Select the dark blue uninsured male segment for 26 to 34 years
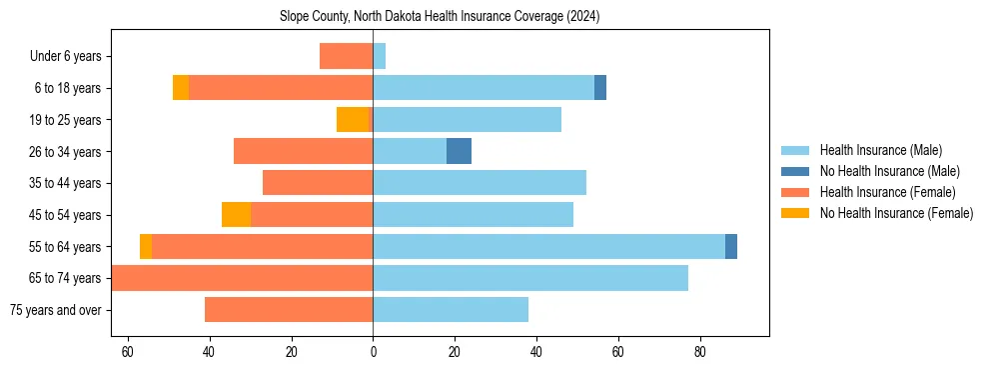(459, 151)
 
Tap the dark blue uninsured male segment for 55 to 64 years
(731, 246)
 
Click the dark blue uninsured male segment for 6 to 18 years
(600, 88)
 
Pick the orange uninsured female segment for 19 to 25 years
(353, 120)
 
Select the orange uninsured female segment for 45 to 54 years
(236, 215)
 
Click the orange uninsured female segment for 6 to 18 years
(181, 88)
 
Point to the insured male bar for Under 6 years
(379, 56)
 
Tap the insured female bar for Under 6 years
(346, 56)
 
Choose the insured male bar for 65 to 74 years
(530, 278)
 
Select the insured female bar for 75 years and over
(289, 310)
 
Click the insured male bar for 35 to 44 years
(480, 183)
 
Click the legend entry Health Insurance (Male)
(880, 150)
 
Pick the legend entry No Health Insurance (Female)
(896, 213)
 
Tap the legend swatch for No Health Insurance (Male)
(795, 171)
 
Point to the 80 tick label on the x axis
(700, 352)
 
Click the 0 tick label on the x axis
(373, 352)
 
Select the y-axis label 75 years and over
(55, 310)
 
